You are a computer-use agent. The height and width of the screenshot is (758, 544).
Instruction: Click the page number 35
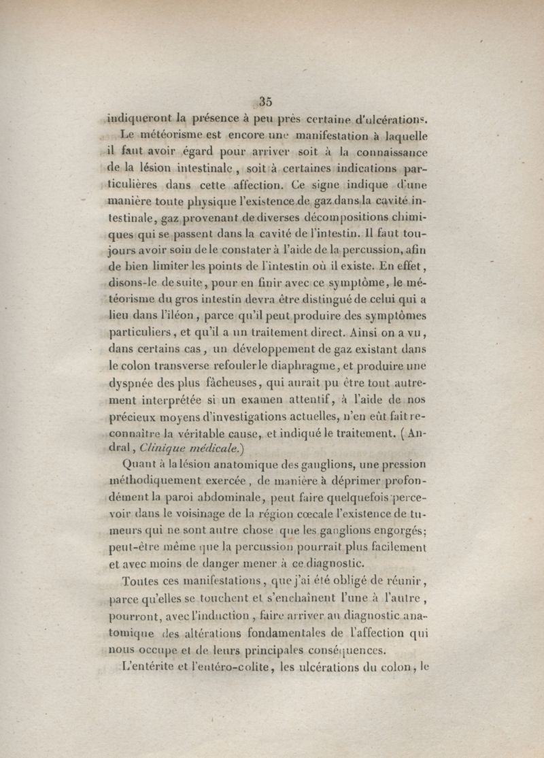click(265, 101)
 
